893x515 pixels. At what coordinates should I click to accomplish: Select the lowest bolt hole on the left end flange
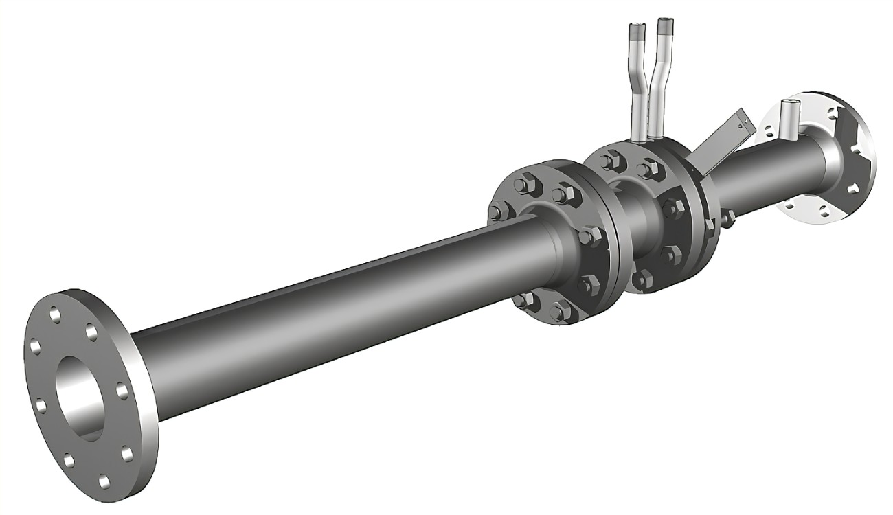click(104, 481)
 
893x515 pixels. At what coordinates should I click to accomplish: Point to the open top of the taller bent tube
click(664, 24)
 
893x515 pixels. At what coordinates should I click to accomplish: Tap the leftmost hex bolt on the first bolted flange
click(495, 211)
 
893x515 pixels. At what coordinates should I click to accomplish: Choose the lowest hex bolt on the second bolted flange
click(642, 279)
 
